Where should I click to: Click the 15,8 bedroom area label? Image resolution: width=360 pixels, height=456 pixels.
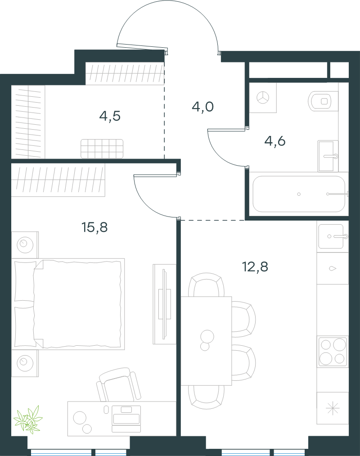pos(94,227)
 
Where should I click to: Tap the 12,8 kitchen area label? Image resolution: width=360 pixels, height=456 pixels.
pos(255,266)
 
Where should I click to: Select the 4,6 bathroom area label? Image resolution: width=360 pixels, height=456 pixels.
pos(275,141)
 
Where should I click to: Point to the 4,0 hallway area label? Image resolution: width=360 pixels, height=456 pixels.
pos(202,107)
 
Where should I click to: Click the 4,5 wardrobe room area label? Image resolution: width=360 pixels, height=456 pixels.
pos(110,116)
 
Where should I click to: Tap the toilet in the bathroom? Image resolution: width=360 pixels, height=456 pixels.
pos(323,101)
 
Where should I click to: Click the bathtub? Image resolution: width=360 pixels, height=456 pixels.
pos(299,194)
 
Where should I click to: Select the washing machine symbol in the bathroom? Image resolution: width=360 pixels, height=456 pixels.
pos(263,97)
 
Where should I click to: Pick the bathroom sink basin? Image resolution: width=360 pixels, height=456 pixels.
pos(328,156)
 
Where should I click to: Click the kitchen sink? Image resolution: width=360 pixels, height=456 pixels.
pos(331,236)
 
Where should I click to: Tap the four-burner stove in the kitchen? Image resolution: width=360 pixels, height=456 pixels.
pos(333,351)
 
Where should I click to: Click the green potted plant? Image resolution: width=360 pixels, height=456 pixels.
pos(28,419)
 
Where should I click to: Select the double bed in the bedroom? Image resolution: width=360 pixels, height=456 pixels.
pos(68,304)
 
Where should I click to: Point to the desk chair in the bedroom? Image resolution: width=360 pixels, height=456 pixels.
pos(119,384)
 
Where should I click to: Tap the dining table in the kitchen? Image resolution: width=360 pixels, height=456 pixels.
pos(206,341)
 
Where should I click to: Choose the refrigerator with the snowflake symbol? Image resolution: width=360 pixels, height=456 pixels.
pos(333,408)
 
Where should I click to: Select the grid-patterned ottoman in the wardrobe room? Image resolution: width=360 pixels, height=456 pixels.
pos(102,149)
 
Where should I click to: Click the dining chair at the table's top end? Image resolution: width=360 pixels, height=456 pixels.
pos(206,284)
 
